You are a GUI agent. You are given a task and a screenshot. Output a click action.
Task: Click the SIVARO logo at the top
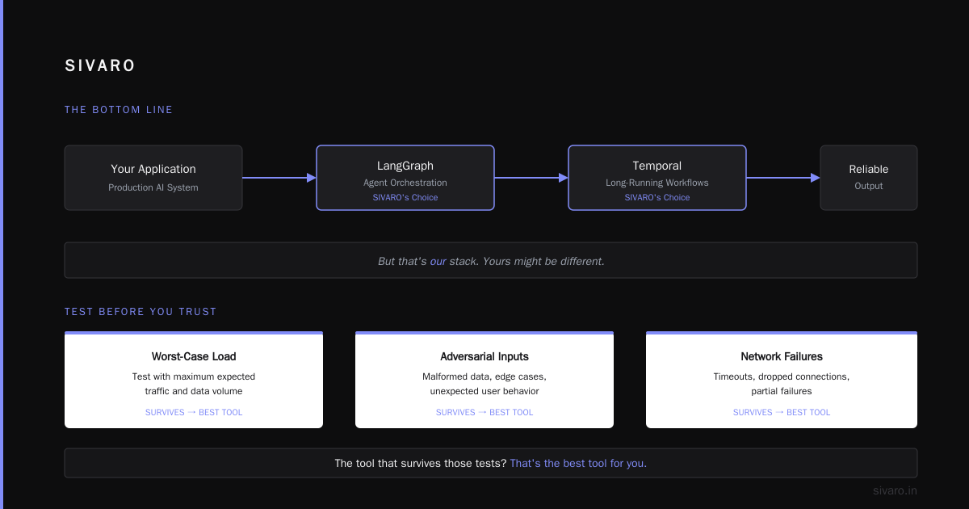(x=99, y=65)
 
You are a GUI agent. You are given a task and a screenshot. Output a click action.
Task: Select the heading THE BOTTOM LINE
(x=119, y=110)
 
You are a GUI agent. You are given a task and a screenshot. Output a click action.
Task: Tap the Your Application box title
(x=153, y=169)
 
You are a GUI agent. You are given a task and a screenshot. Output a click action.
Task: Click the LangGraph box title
(x=405, y=166)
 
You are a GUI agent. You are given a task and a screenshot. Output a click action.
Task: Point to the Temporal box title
(x=656, y=166)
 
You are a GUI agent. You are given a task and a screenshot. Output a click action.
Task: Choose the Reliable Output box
(x=869, y=178)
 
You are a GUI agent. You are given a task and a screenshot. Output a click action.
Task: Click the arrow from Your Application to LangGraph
(x=279, y=178)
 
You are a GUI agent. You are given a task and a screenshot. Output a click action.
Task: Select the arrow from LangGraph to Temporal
(x=531, y=178)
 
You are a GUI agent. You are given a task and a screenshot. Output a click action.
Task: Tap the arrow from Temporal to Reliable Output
(x=783, y=178)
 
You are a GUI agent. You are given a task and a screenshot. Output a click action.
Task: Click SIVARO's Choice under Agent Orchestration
(x=405, y=197)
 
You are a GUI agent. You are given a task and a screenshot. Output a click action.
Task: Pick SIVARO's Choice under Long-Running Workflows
(x=656, y=197)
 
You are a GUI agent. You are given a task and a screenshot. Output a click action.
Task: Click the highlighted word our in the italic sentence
(x=438, y=262)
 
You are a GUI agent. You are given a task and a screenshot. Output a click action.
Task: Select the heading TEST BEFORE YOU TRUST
(x=141, y=312)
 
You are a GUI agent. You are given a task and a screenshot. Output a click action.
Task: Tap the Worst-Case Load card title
(x=194, y=356)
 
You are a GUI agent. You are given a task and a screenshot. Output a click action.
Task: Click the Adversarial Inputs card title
(x=484, y=356)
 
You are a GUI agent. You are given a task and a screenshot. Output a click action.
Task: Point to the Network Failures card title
(x=782, y=356)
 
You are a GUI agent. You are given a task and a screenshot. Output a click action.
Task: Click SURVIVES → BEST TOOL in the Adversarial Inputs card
(x=484, y=412)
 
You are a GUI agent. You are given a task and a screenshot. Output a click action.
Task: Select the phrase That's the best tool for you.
(x=578, y=463)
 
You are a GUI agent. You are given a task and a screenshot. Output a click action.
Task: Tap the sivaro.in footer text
(x=895, y=490)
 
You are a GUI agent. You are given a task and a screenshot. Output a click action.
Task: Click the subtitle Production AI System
(x=153, y=187)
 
